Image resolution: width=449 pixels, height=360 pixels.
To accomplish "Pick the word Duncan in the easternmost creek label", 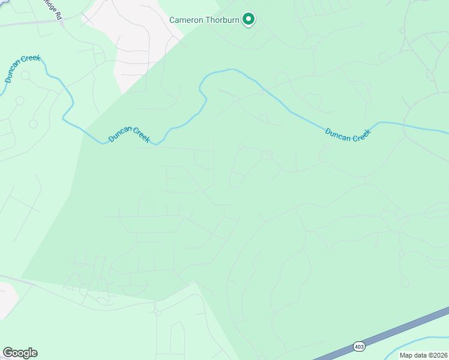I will click(337, 133).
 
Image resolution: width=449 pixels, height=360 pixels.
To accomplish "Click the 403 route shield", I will click(359, 346).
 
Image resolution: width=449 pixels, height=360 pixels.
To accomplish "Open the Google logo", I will click(20, 353).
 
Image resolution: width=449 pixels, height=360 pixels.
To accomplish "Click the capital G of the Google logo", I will click(8, 353).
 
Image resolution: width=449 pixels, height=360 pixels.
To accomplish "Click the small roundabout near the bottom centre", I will click(158, 312).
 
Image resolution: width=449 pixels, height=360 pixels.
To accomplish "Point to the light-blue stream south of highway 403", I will click(420, 345).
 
